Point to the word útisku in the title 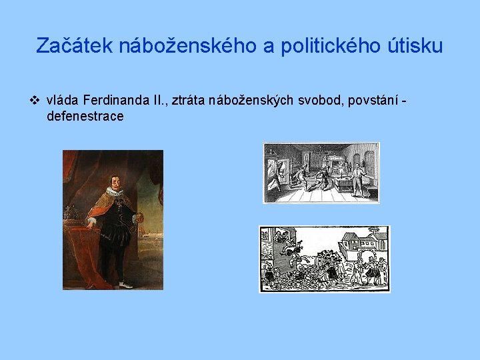(x=415, y=46)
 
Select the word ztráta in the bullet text (x=188, y=100)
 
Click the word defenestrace (x=85, y=116)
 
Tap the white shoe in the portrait (x=125, y=285)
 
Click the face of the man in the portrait (x=115, y=182)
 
